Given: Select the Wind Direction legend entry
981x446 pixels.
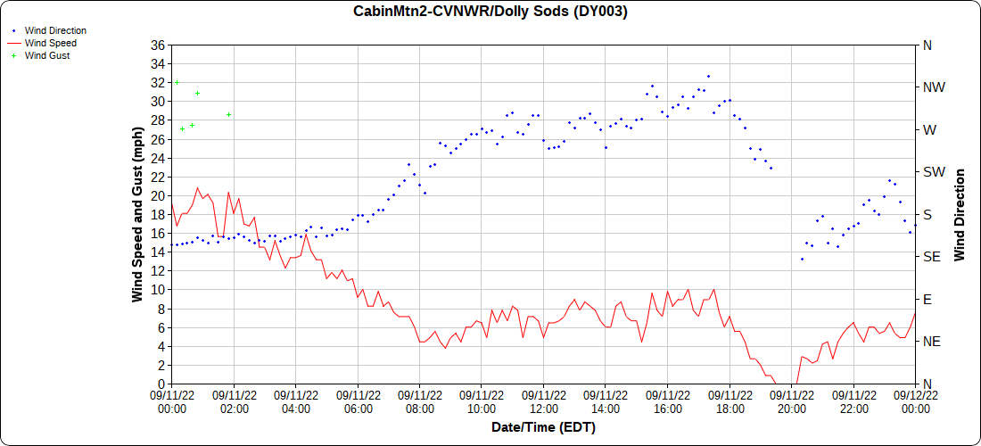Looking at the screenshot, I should [55, 30].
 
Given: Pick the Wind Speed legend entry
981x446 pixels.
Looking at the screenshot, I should [50, 43].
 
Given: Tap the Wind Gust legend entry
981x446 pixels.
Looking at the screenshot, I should [47, 55].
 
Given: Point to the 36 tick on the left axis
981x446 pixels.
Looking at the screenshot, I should [158, 45].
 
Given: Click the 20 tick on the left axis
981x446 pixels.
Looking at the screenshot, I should [158, 195].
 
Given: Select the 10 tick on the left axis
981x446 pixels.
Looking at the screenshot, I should [158, 290].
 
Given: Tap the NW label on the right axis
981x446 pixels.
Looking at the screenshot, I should [934, 87].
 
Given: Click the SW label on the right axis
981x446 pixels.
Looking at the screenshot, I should [934, 172].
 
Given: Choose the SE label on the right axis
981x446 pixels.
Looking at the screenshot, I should [932, 257].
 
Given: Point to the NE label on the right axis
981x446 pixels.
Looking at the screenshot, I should [932, 342].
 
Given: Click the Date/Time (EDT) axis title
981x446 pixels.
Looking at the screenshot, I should [543, 427].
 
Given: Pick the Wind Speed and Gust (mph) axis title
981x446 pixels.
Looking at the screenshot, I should [137, 214].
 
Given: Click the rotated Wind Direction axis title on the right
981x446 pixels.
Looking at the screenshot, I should [960, 214].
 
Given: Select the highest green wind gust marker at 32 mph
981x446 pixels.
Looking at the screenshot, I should [177, 82].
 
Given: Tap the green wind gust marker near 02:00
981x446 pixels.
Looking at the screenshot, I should [229, 114].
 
